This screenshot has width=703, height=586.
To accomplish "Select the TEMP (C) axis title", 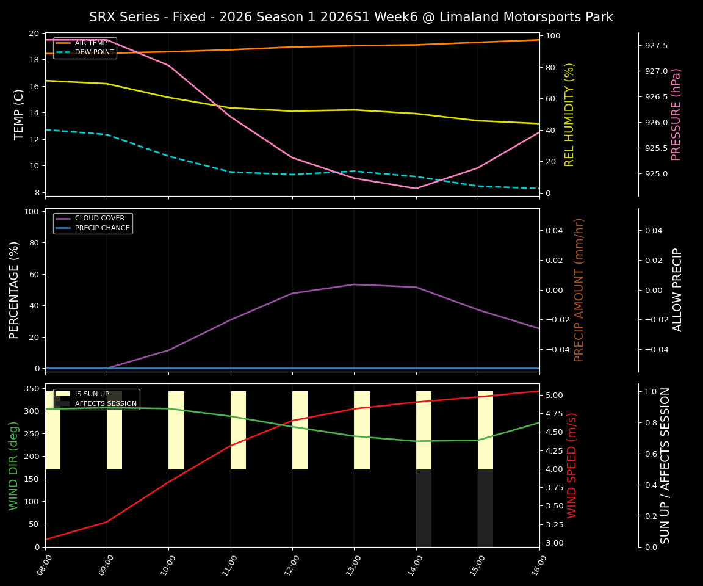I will point(20,114).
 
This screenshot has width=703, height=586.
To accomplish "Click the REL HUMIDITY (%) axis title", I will point(569,114).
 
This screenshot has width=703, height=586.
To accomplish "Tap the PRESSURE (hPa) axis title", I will point(676,114).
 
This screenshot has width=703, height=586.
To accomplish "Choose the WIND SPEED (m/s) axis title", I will point(572,465).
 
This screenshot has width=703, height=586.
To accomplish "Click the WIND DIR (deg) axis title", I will point(13,465).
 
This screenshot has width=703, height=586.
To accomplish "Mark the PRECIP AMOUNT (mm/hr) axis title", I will point(579,290).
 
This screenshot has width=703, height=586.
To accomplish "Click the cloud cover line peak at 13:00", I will point(354,284).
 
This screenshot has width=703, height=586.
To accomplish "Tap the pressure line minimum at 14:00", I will point(416,188).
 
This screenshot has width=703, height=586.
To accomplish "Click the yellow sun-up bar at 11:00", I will point(238,430).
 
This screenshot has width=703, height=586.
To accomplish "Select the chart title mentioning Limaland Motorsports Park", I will point(351,17).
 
